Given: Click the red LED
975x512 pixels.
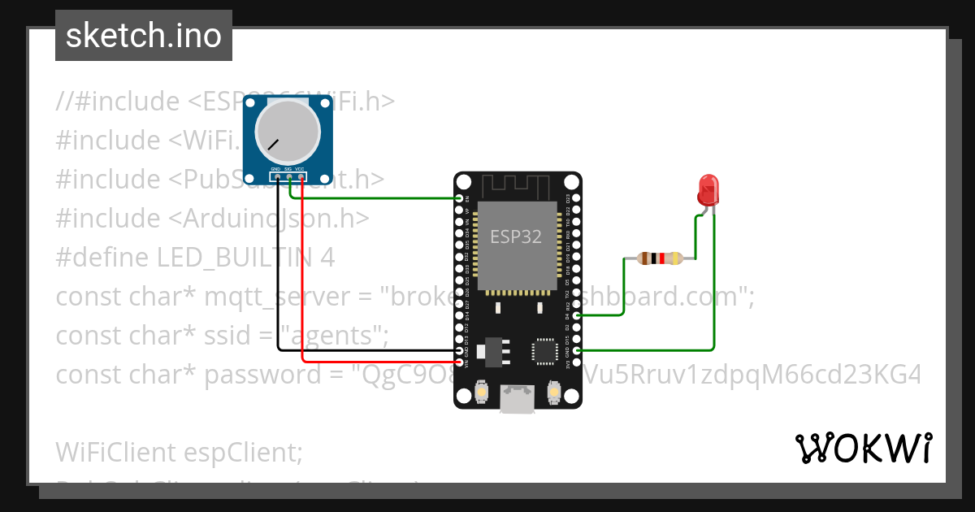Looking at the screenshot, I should tap(708, 190).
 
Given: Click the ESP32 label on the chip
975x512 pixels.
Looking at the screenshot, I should tap(515, 236).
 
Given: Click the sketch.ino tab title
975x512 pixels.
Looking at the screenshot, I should tap(143, 36).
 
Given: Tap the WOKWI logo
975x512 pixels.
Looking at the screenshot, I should tap(864, 448).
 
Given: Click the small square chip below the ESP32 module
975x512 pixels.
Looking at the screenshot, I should tap(543, 350).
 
